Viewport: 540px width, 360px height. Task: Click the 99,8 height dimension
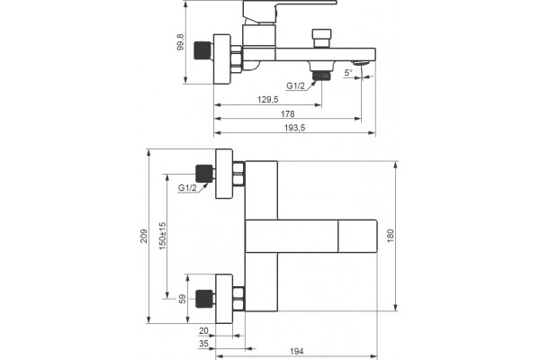coord(181,42)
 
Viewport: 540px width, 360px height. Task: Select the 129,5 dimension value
coord(268,100)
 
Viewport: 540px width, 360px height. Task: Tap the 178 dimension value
coord(288,113)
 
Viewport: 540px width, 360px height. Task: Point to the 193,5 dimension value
coord(295,128)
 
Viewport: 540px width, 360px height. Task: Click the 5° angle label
coord(348,73)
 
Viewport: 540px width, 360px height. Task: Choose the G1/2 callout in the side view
coord(296,85)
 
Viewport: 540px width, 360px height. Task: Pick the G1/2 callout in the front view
coord(187,188)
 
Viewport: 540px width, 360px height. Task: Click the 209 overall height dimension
coord(144,236)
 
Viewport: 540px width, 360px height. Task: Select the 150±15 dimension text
coord(163,236)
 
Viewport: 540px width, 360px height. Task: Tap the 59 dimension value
coord(183,299)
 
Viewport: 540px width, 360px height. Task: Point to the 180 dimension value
coord(391,236)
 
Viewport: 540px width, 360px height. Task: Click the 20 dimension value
coord(203,330)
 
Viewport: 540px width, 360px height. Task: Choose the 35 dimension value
coord(203,344)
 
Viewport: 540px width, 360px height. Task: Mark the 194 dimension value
coord(296,351)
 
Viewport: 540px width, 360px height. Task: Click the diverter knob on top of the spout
coord(321,38)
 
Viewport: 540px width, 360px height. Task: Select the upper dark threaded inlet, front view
coord(204,174)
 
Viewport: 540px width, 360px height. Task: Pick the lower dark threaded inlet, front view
coord(204,299)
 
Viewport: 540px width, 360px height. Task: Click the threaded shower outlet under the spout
coord(321,76)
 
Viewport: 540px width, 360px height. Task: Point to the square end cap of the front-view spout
coord(357,236)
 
